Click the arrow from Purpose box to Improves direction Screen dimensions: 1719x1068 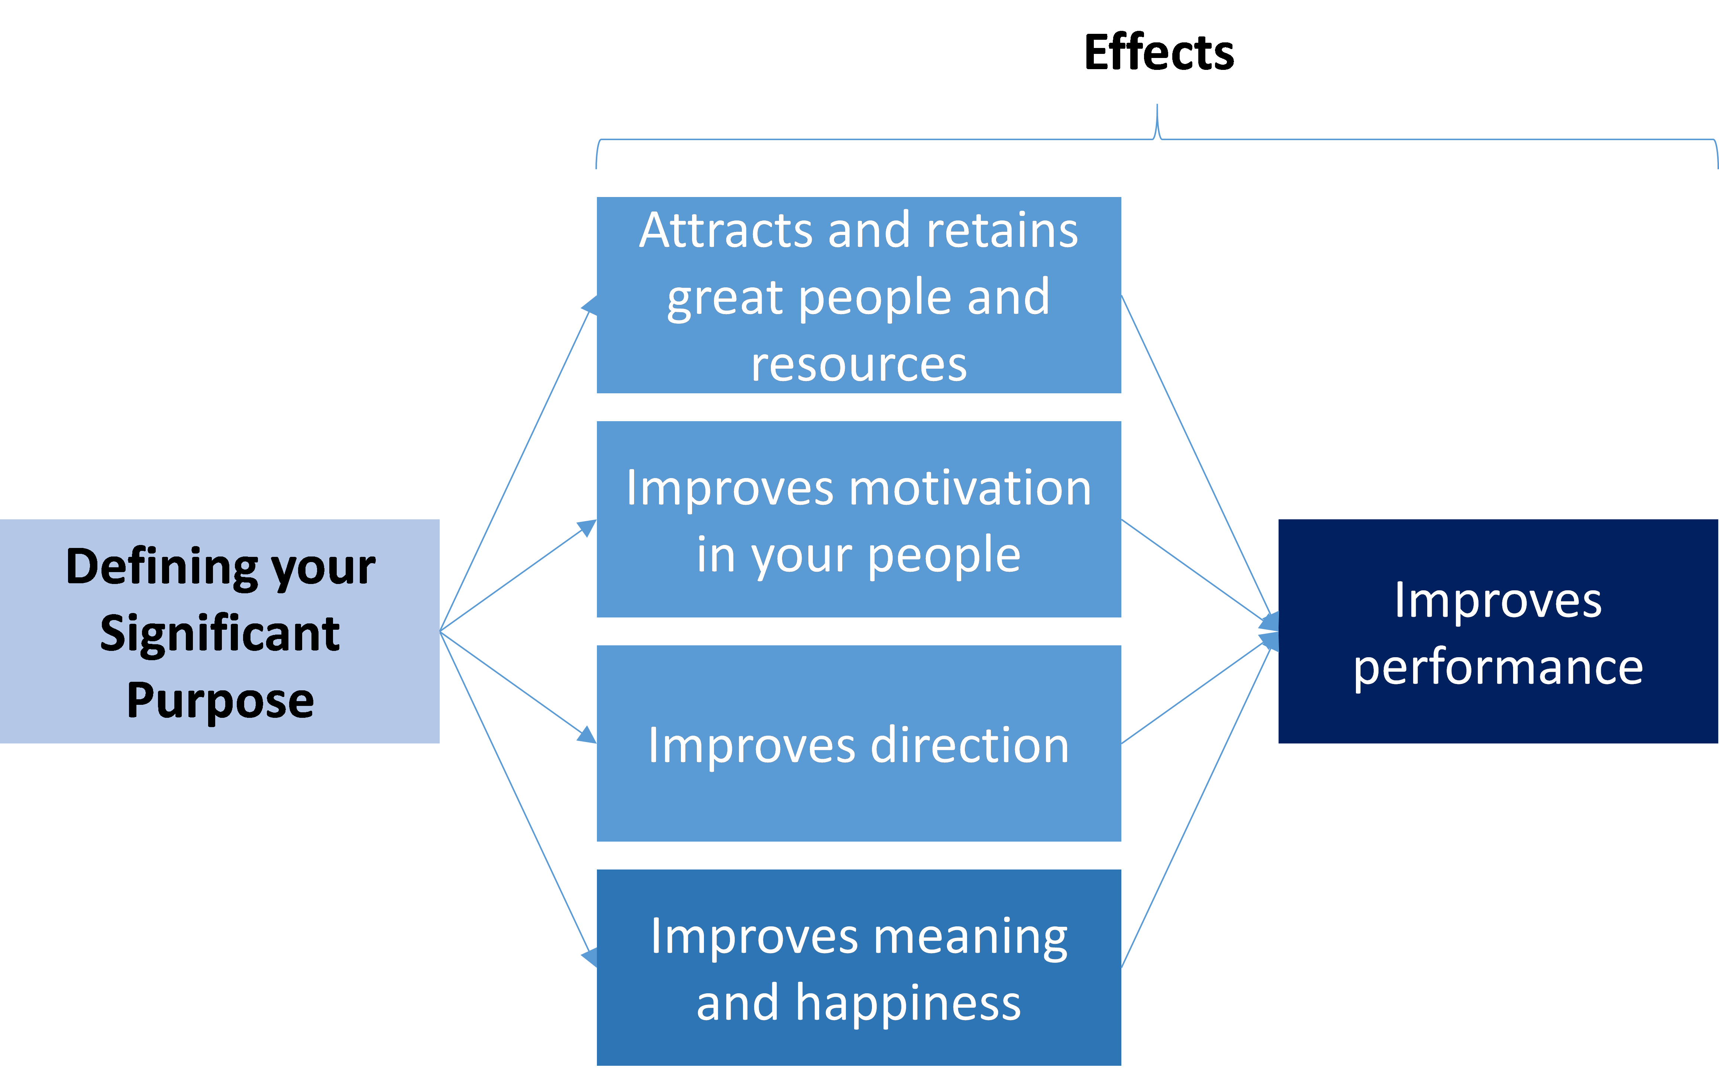click(518, 687)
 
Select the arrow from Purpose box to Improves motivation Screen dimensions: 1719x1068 click(518, 575)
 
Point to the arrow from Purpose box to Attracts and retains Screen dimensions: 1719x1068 click(518, 463)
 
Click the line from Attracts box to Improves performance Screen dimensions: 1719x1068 click(1199, 463)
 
